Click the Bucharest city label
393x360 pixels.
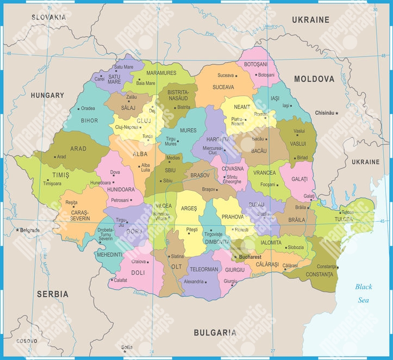pos(250,257)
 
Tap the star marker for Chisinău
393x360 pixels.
pos(337,113)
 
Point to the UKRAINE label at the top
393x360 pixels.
pos(310,20)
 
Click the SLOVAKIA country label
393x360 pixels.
pos(48,17)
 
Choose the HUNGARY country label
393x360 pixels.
pos(47,95)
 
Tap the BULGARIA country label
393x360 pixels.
pos(215,332)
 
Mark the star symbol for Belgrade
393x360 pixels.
pos(18,230)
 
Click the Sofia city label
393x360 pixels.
pos(127,346)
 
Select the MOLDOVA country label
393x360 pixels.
pos(314,79)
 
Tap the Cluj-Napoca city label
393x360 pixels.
pos(127,127)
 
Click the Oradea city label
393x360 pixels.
pos(88,108)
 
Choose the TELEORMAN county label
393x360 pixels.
pos(203,269)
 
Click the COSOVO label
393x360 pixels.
pos(27,341)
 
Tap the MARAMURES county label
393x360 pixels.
pos(161,73)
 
